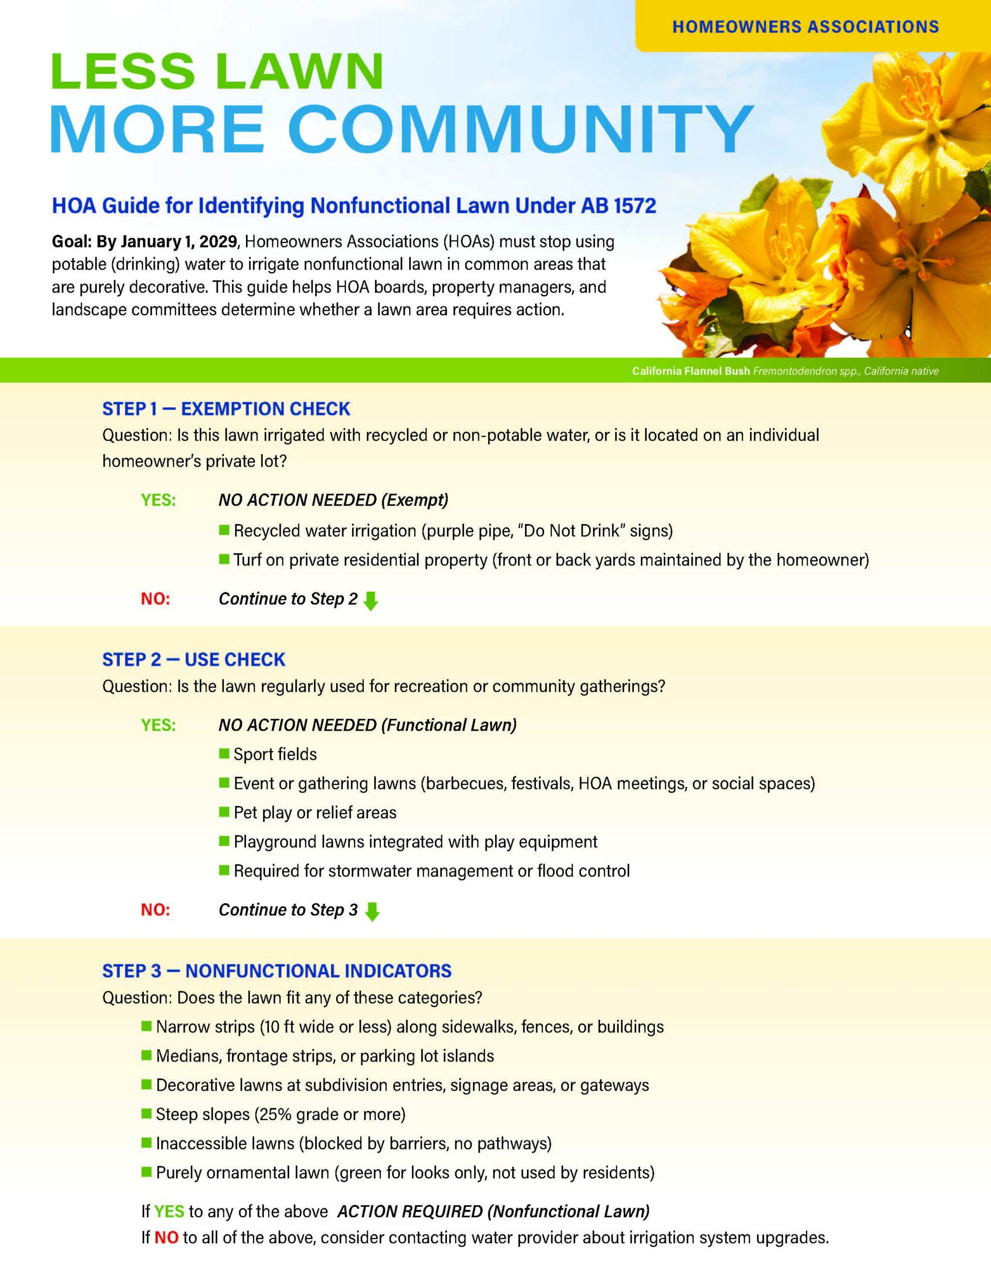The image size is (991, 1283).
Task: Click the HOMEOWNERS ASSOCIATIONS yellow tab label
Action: click(x=805, y=27)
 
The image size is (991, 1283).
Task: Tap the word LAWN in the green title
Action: click(x=300, y=72)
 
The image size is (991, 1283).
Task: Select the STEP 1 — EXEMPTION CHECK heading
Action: click(x=226, y=409)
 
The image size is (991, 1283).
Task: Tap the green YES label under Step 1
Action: click(x=158, y=500)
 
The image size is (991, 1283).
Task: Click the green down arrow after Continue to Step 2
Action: click(x=371, y=601)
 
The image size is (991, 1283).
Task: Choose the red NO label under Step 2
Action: click(x=155, y=910)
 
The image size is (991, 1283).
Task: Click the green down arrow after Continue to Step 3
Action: click(x=372, y=911)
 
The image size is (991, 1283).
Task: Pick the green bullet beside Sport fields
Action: click(x=224, y=753)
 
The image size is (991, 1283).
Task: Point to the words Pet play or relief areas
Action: click(x=315, y=812)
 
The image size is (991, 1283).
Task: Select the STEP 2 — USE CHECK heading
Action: click(x=194, y=660)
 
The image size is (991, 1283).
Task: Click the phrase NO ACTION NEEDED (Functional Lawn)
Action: click(x=368, y=725)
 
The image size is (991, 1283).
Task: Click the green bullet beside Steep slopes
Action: click(x=146, y=1113)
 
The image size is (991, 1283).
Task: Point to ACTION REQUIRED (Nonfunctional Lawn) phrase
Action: click(x=493, y=1211)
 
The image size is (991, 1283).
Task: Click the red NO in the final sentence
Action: click(x=166, y=1238)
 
